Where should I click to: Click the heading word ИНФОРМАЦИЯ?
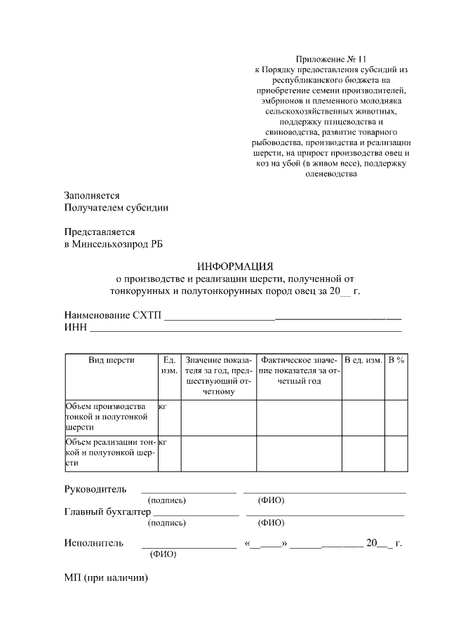234,266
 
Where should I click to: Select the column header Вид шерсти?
112,360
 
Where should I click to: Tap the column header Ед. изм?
169,365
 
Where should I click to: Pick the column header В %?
396,360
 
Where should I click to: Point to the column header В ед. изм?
363,360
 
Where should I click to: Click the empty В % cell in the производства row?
396,417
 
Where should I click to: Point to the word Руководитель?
95,488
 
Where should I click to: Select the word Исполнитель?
94,542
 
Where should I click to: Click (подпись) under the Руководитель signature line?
166,500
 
